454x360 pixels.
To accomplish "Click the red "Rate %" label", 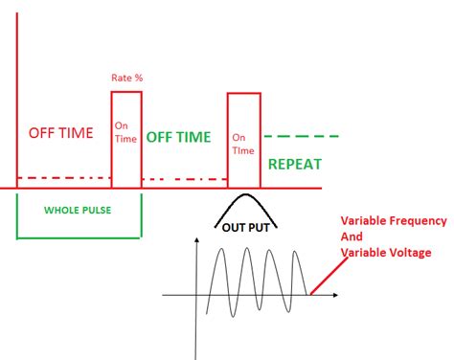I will pos(127,77).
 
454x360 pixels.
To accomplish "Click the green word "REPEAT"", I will pos(295,164).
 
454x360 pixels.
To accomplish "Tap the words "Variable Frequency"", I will pos(393,221).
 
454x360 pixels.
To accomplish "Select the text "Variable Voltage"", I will pos(386,252).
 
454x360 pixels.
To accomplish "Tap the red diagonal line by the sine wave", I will pos(327,277).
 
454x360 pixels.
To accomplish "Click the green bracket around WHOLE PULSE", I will pos(78,236).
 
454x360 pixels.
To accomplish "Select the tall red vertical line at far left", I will pos(16,96).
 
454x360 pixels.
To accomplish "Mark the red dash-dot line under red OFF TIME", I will pos(63,178).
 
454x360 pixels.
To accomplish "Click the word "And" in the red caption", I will pos(353,236).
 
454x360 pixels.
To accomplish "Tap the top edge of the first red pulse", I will pos(126,92).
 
